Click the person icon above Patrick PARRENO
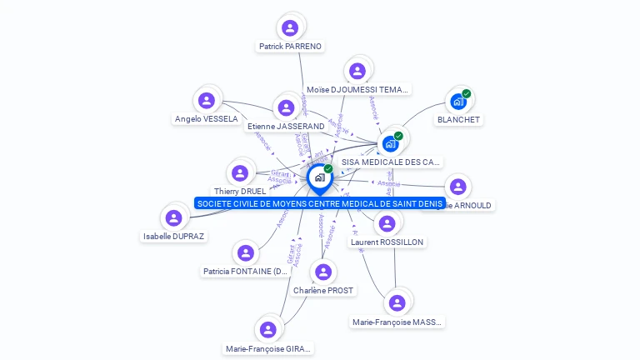pos(290,28)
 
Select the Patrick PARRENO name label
pos(290,47)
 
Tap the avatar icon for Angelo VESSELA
pos(207,101)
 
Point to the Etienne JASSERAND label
pos(286,127)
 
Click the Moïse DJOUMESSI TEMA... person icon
pos(357,72)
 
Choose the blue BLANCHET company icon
pos(457,102)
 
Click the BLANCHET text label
pos(459,120)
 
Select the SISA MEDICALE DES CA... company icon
pos(390,143)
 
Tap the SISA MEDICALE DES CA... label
pos(391,162)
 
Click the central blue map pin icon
pos(319,177)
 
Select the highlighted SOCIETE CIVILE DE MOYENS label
pos(320,203)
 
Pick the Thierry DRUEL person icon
pos(240,173)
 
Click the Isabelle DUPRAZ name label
pos(173,236)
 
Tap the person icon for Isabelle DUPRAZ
pos(173,218)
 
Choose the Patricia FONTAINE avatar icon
pos(245,252)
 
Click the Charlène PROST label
pos(323,291)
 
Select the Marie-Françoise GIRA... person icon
pos(267,330)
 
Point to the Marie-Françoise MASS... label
pos(397,322)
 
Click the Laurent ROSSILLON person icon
pos(387,223)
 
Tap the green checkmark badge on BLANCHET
pos(467,93)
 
